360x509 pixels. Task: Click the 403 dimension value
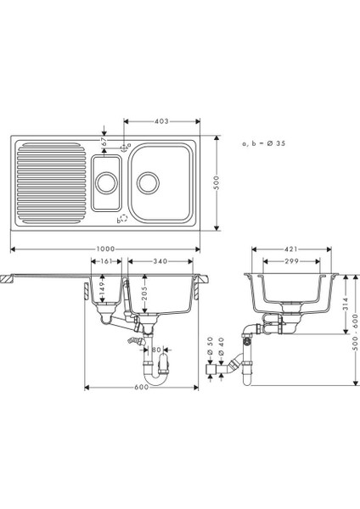click(162, 121)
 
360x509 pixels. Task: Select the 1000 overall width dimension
click(106, 249)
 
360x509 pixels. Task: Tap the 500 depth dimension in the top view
click(217, 182)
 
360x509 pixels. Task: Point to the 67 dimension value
click(104, 142)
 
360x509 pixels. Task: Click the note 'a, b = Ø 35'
click(264, 143)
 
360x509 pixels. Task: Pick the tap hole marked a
click(123, 148)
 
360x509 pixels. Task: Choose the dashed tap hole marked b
click(124, 219)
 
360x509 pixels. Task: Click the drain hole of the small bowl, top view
click(106, 183)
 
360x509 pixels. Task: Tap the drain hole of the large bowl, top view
click(148, 183)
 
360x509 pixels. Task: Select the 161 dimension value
click(106, 261)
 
